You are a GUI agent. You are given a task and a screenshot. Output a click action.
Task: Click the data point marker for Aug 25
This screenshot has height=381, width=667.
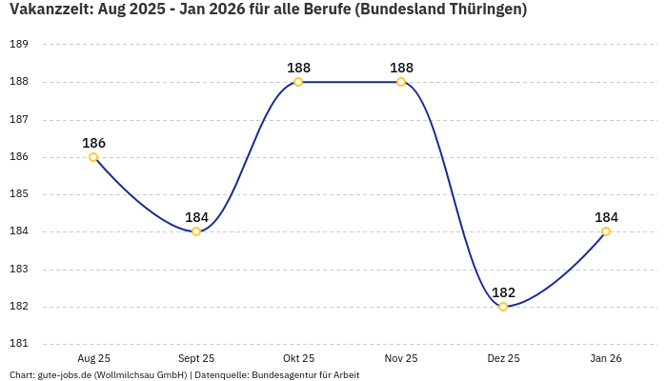[x=93, y=157]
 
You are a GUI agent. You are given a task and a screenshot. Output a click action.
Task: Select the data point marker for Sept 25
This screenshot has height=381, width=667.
[x=196, y=231]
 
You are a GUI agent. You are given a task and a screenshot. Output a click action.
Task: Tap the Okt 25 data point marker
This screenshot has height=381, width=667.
[x=298, y=82]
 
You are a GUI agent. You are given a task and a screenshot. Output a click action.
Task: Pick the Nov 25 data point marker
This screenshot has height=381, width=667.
[x=401, y=82]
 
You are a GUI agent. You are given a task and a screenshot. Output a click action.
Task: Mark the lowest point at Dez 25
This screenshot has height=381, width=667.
[x=503, y=307]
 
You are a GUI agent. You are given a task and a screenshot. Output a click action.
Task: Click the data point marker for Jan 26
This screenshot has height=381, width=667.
[x=606, y=231]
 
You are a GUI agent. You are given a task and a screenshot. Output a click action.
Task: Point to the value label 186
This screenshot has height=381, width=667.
[x=93, y=143]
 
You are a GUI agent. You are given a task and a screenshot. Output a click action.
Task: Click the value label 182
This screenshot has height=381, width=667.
[x=503, y=292]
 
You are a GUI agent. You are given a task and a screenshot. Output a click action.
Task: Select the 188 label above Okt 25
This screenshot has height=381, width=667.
[x=298, y=68]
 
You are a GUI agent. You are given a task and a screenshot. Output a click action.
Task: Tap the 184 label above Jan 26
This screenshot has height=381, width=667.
[x=606, y=217]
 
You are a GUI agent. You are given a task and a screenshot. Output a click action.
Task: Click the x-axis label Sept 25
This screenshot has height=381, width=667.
[x=196, y=358]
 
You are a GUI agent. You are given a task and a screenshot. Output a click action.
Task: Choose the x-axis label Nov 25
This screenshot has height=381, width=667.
[x=401, y=358]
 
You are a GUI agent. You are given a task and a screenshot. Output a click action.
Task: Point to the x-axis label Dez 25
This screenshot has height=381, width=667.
[x=503, y=358]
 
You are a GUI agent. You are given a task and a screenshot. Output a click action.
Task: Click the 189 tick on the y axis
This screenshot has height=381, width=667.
[x=19, y=45]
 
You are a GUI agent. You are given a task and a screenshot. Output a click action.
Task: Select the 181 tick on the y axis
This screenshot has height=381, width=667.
[x=19, y=344]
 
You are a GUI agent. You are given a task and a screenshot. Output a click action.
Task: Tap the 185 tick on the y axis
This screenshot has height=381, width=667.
[x=19, y=194]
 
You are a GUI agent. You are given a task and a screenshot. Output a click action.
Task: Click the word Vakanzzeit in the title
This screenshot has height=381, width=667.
[x=49, y=10]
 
